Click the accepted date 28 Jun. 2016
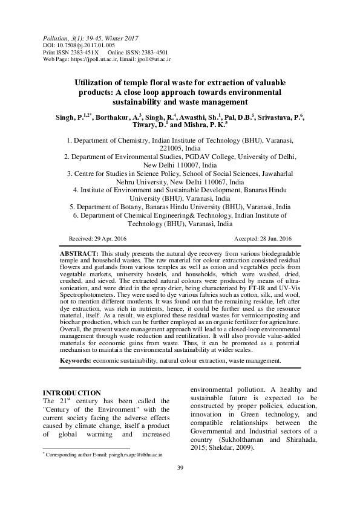point(275,238)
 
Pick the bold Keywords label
point(75,360)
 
